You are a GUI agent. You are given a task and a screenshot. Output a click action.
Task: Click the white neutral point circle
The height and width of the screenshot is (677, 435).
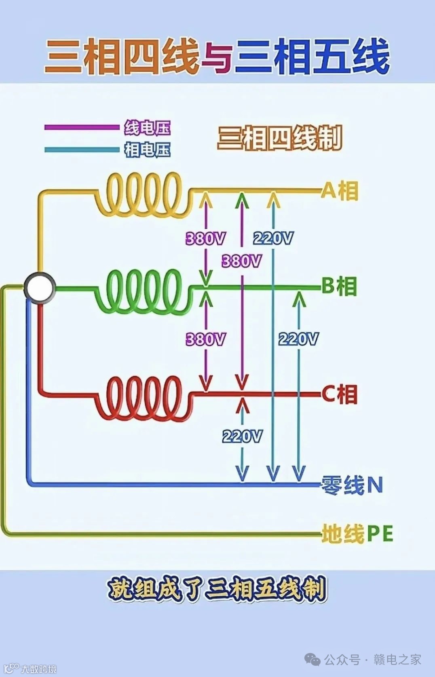point(39,287)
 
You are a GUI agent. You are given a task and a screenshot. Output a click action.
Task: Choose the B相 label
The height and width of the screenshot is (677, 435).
point(339,287)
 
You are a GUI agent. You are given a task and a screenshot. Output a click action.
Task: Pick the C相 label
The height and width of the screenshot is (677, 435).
point(340,394)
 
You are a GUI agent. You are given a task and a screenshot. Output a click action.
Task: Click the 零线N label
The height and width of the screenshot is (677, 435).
point(352,485)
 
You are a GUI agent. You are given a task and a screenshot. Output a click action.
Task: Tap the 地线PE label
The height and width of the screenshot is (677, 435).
point(357,534)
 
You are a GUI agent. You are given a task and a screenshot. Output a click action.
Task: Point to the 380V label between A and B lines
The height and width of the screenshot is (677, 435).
point(205,238)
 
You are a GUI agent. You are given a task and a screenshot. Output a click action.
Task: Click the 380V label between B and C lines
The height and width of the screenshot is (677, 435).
point(205,339)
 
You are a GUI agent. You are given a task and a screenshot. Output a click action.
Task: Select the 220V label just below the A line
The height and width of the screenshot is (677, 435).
point(273,238)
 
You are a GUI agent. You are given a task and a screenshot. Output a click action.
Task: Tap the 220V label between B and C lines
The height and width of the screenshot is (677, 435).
point(298,339)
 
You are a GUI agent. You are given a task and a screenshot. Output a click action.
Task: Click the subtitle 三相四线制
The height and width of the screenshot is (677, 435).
point(280,138)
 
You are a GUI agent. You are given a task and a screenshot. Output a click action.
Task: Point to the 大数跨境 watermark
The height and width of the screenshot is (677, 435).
point(38,669)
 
